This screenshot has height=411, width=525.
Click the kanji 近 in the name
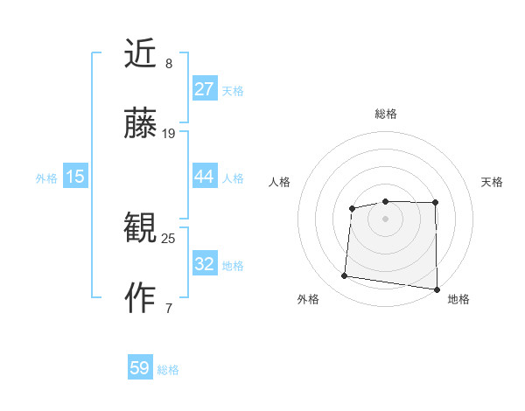tap(140, 54)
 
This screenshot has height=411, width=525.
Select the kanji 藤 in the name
tap(140, 126)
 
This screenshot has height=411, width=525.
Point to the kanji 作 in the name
tap(140, 298)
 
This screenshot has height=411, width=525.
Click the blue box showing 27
tap(204, 89)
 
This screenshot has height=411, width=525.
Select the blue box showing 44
tap(204, 177)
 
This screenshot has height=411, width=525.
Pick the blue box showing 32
tap(204, 264)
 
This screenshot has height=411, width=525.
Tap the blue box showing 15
tap(75, 177)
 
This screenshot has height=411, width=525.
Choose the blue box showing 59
tap(139, 368)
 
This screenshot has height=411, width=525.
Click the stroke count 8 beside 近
tap(169, 64)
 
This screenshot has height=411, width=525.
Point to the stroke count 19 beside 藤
tap(169, 134)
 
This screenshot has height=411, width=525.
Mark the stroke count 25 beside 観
tap(169, 237)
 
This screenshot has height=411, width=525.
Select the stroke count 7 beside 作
tap(169, 307)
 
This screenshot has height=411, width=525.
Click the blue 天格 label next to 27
tap(233, 90)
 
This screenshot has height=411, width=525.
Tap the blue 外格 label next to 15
tap(46, 178)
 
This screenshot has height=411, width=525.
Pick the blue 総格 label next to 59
tap(168, 370)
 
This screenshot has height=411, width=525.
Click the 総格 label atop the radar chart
tap(385, 114)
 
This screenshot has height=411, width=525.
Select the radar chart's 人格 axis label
tap(280, 182)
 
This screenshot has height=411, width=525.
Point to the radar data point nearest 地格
tap(437, 289)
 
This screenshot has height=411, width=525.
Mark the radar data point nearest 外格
tap(344, 276)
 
